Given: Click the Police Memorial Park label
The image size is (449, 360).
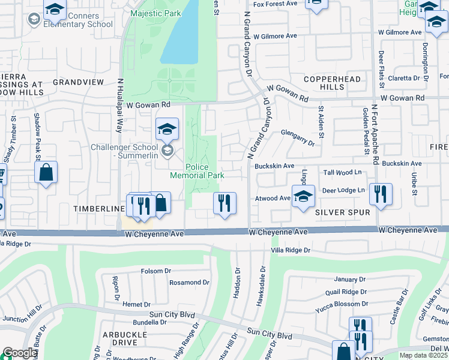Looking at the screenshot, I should pyautogui.click(x=197, y=171).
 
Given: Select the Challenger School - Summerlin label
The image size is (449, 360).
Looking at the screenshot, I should pyautogui.click(x=125, y=152).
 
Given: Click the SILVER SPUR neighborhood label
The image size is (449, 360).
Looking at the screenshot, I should pyautogui.click(x=342, y=212).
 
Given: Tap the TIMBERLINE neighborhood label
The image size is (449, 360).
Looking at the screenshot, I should pyautogui.click(x=98, y=208).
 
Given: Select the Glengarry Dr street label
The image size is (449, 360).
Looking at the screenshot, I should pyautogui.click(x=297, y=140).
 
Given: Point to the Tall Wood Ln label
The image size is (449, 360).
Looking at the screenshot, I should pyautogui.click(x=344, y=172).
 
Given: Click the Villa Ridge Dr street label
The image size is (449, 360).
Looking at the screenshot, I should pyautogui.click(x=291, y=250).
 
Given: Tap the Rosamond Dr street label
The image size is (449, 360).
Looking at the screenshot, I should pyautogui.click(x=188, y=282).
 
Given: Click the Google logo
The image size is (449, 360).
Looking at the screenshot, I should pyautogui.click(x=20, y=353).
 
